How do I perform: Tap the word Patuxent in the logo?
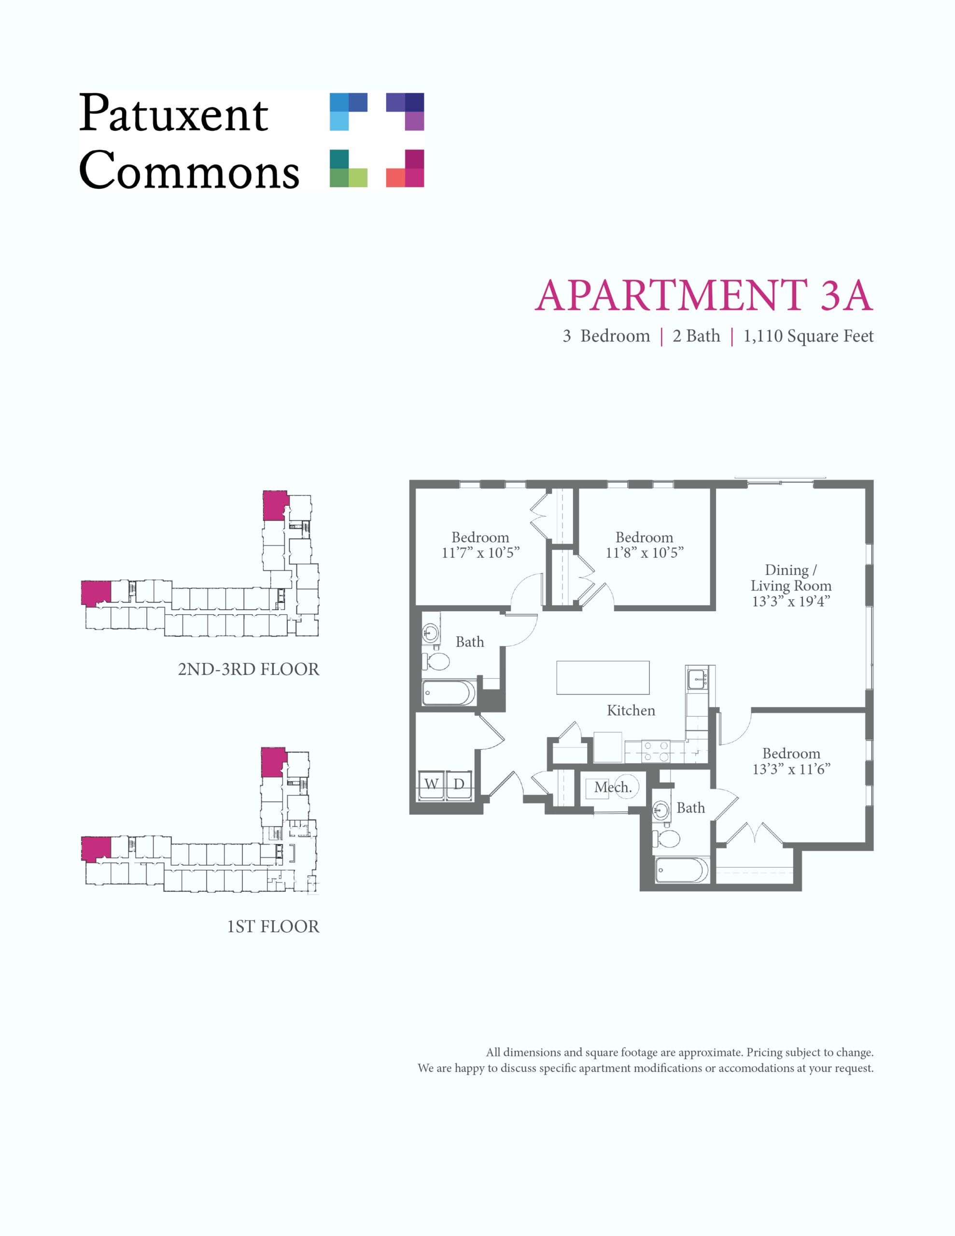(x=173, y=113)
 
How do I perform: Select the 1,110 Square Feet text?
(x=808, y=336)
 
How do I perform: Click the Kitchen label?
(x=631, y=710)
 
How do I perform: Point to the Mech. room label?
(x=613, y=787)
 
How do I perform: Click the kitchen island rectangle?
(x=603, y=677)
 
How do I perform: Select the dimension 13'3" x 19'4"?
(x=791, y=602)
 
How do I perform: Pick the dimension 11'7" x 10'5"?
(x=480, y=552)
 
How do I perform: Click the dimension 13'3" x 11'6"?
(x=791, y=769)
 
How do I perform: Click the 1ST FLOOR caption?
(x=273, y=927)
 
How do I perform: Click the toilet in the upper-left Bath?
(x=436, y=660)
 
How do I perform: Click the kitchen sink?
(x=696, y=678)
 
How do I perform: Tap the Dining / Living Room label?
(x=791, y=578)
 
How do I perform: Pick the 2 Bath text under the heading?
(x=696, y=336)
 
